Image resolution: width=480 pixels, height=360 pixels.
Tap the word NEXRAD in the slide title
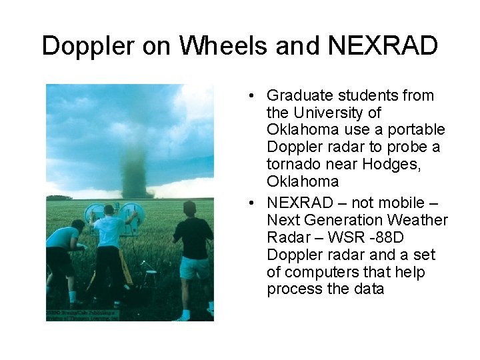383,46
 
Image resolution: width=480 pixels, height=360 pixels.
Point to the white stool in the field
148,271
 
